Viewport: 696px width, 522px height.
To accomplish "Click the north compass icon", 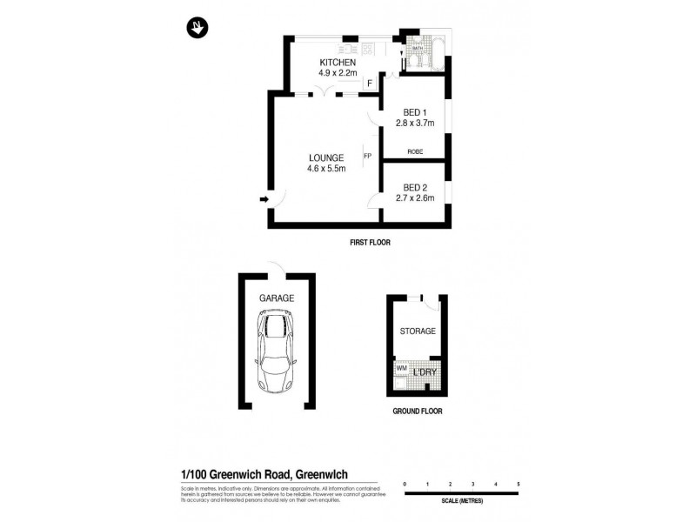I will point(198,29).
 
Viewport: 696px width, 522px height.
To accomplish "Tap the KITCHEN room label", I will point(338,63).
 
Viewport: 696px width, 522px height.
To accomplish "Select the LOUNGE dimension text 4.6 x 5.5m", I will point(326,169).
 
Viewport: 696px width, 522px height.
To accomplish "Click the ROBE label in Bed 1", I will point(415,152).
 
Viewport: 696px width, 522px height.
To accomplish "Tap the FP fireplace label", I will point(367,157).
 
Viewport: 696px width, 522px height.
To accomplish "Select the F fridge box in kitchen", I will point(370,84).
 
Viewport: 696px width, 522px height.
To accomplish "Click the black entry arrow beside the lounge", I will point(264,200).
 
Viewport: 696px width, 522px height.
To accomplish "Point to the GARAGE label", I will point(277,298).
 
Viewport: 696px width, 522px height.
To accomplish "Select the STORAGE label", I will point(418,331).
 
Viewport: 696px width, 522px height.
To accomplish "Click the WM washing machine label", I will point(401,369).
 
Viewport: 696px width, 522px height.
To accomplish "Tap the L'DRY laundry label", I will point(425,373).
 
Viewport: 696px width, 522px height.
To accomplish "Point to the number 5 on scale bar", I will point(518,483).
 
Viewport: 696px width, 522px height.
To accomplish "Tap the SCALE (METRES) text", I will point(460,502).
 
